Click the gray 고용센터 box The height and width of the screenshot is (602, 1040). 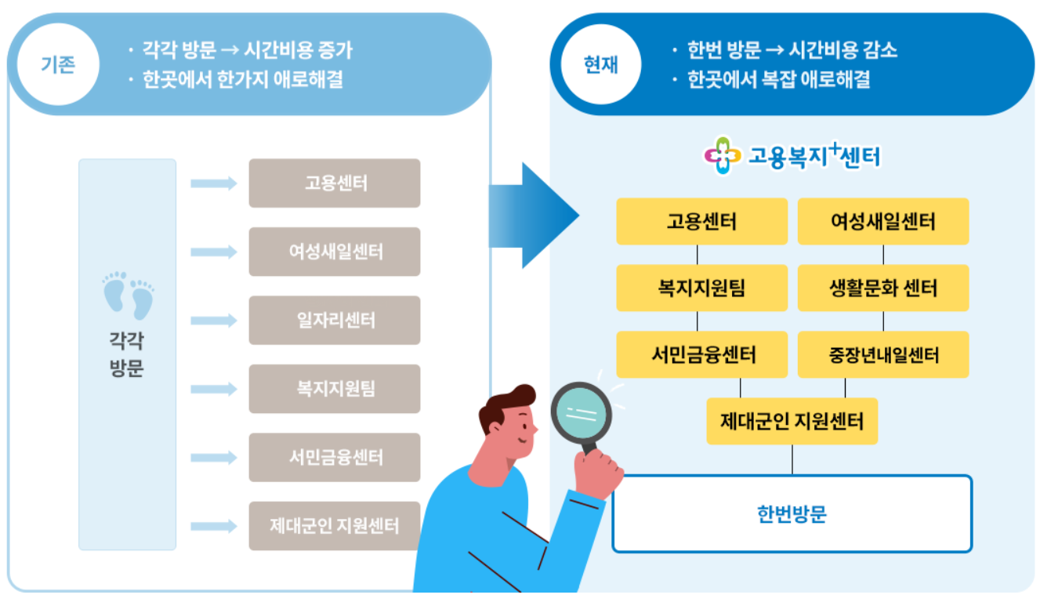click(335, 183)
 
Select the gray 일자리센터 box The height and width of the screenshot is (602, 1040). click(335, 321)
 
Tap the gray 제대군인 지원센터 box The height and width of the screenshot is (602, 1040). click(335, 525)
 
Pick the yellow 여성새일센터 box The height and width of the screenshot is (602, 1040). click(883, 221)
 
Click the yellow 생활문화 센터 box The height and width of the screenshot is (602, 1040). click(883, 288)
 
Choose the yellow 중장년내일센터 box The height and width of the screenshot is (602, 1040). click(883, 355)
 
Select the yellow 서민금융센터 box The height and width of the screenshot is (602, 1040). click(702, 355)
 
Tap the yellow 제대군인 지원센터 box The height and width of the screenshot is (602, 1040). click(792, 422)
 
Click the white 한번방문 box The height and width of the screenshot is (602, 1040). click(792, 514)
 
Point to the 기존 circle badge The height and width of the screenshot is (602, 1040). click(58, 64)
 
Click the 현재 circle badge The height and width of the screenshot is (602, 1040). click(601, 64)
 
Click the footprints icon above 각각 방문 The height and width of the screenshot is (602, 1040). click(128, 296)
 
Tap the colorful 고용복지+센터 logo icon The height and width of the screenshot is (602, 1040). click(722, 156)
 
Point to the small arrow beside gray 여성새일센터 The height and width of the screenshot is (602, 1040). click(213, 252)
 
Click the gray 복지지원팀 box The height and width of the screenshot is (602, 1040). click(335, 389)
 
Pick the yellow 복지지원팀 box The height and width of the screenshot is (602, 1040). click(702, 288)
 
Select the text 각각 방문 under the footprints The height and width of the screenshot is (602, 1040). click(127, 354)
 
